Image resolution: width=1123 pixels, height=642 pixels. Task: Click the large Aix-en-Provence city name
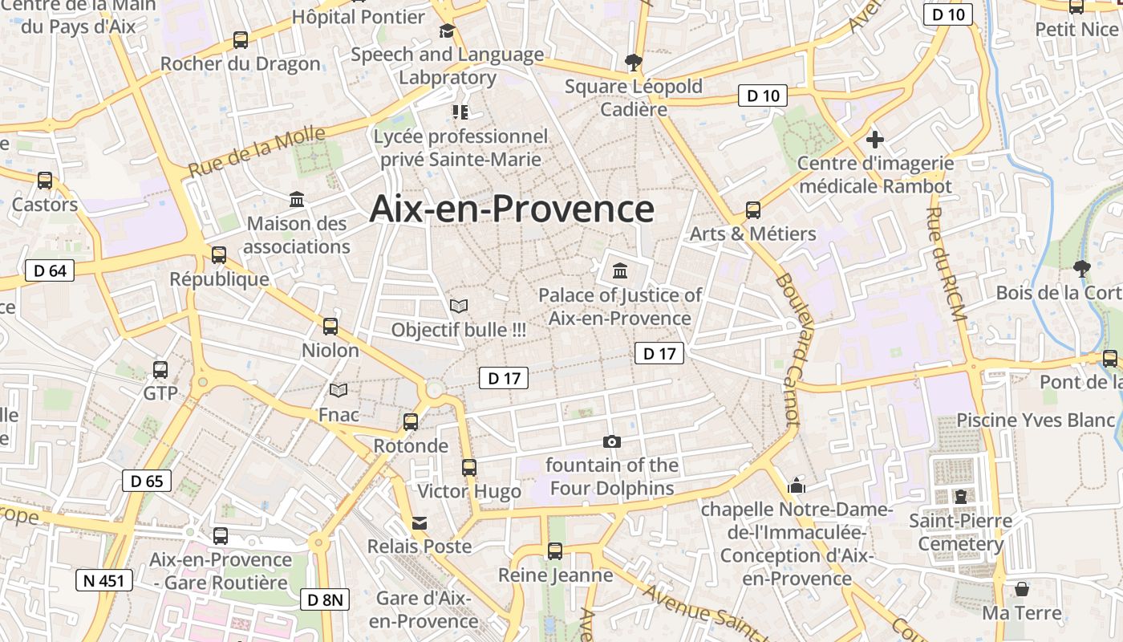(512, 209)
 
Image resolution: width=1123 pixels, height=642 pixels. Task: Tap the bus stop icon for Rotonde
(411, 421)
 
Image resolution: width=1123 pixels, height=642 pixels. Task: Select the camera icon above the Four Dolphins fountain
(611, 441)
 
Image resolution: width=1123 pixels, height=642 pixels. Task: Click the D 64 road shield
(50, 270)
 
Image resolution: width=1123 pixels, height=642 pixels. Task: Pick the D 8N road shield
(326, 599)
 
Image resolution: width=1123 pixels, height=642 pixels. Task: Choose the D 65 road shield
(147, 481)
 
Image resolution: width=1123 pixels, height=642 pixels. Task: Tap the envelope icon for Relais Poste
(420, 523)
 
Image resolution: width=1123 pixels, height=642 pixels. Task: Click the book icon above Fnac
(339, 391)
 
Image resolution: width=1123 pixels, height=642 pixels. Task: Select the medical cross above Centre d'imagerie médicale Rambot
(874, 140)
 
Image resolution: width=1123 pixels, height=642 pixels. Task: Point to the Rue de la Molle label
(257, 152)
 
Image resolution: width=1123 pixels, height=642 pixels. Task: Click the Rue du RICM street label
(946, 263)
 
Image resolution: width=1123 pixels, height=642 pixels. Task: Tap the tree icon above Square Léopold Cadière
(634, 62)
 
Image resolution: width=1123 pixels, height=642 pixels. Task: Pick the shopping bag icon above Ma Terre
(1022, 589)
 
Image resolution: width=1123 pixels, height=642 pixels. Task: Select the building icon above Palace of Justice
(619, 270)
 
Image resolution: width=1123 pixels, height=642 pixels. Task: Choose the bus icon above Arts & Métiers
(752, 210)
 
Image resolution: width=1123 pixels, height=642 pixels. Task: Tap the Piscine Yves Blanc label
(1036, 420)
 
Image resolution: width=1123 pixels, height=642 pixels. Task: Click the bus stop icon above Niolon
(330, 326)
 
